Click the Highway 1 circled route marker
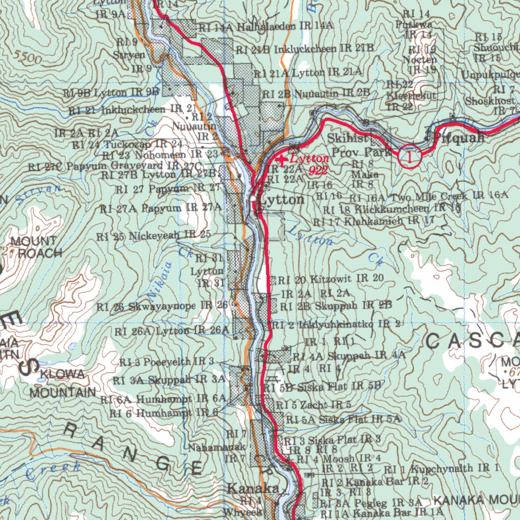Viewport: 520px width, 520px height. coord(411,156)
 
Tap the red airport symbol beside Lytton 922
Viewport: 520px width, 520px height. coord(283,160)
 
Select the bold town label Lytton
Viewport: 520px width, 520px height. coord(282,200)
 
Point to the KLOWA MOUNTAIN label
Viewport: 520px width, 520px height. coord(62,383)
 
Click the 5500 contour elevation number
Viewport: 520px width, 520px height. coord(27,57)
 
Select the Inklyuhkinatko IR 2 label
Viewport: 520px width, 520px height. coord(345,324)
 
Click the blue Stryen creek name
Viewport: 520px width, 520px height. coord(38,192)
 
